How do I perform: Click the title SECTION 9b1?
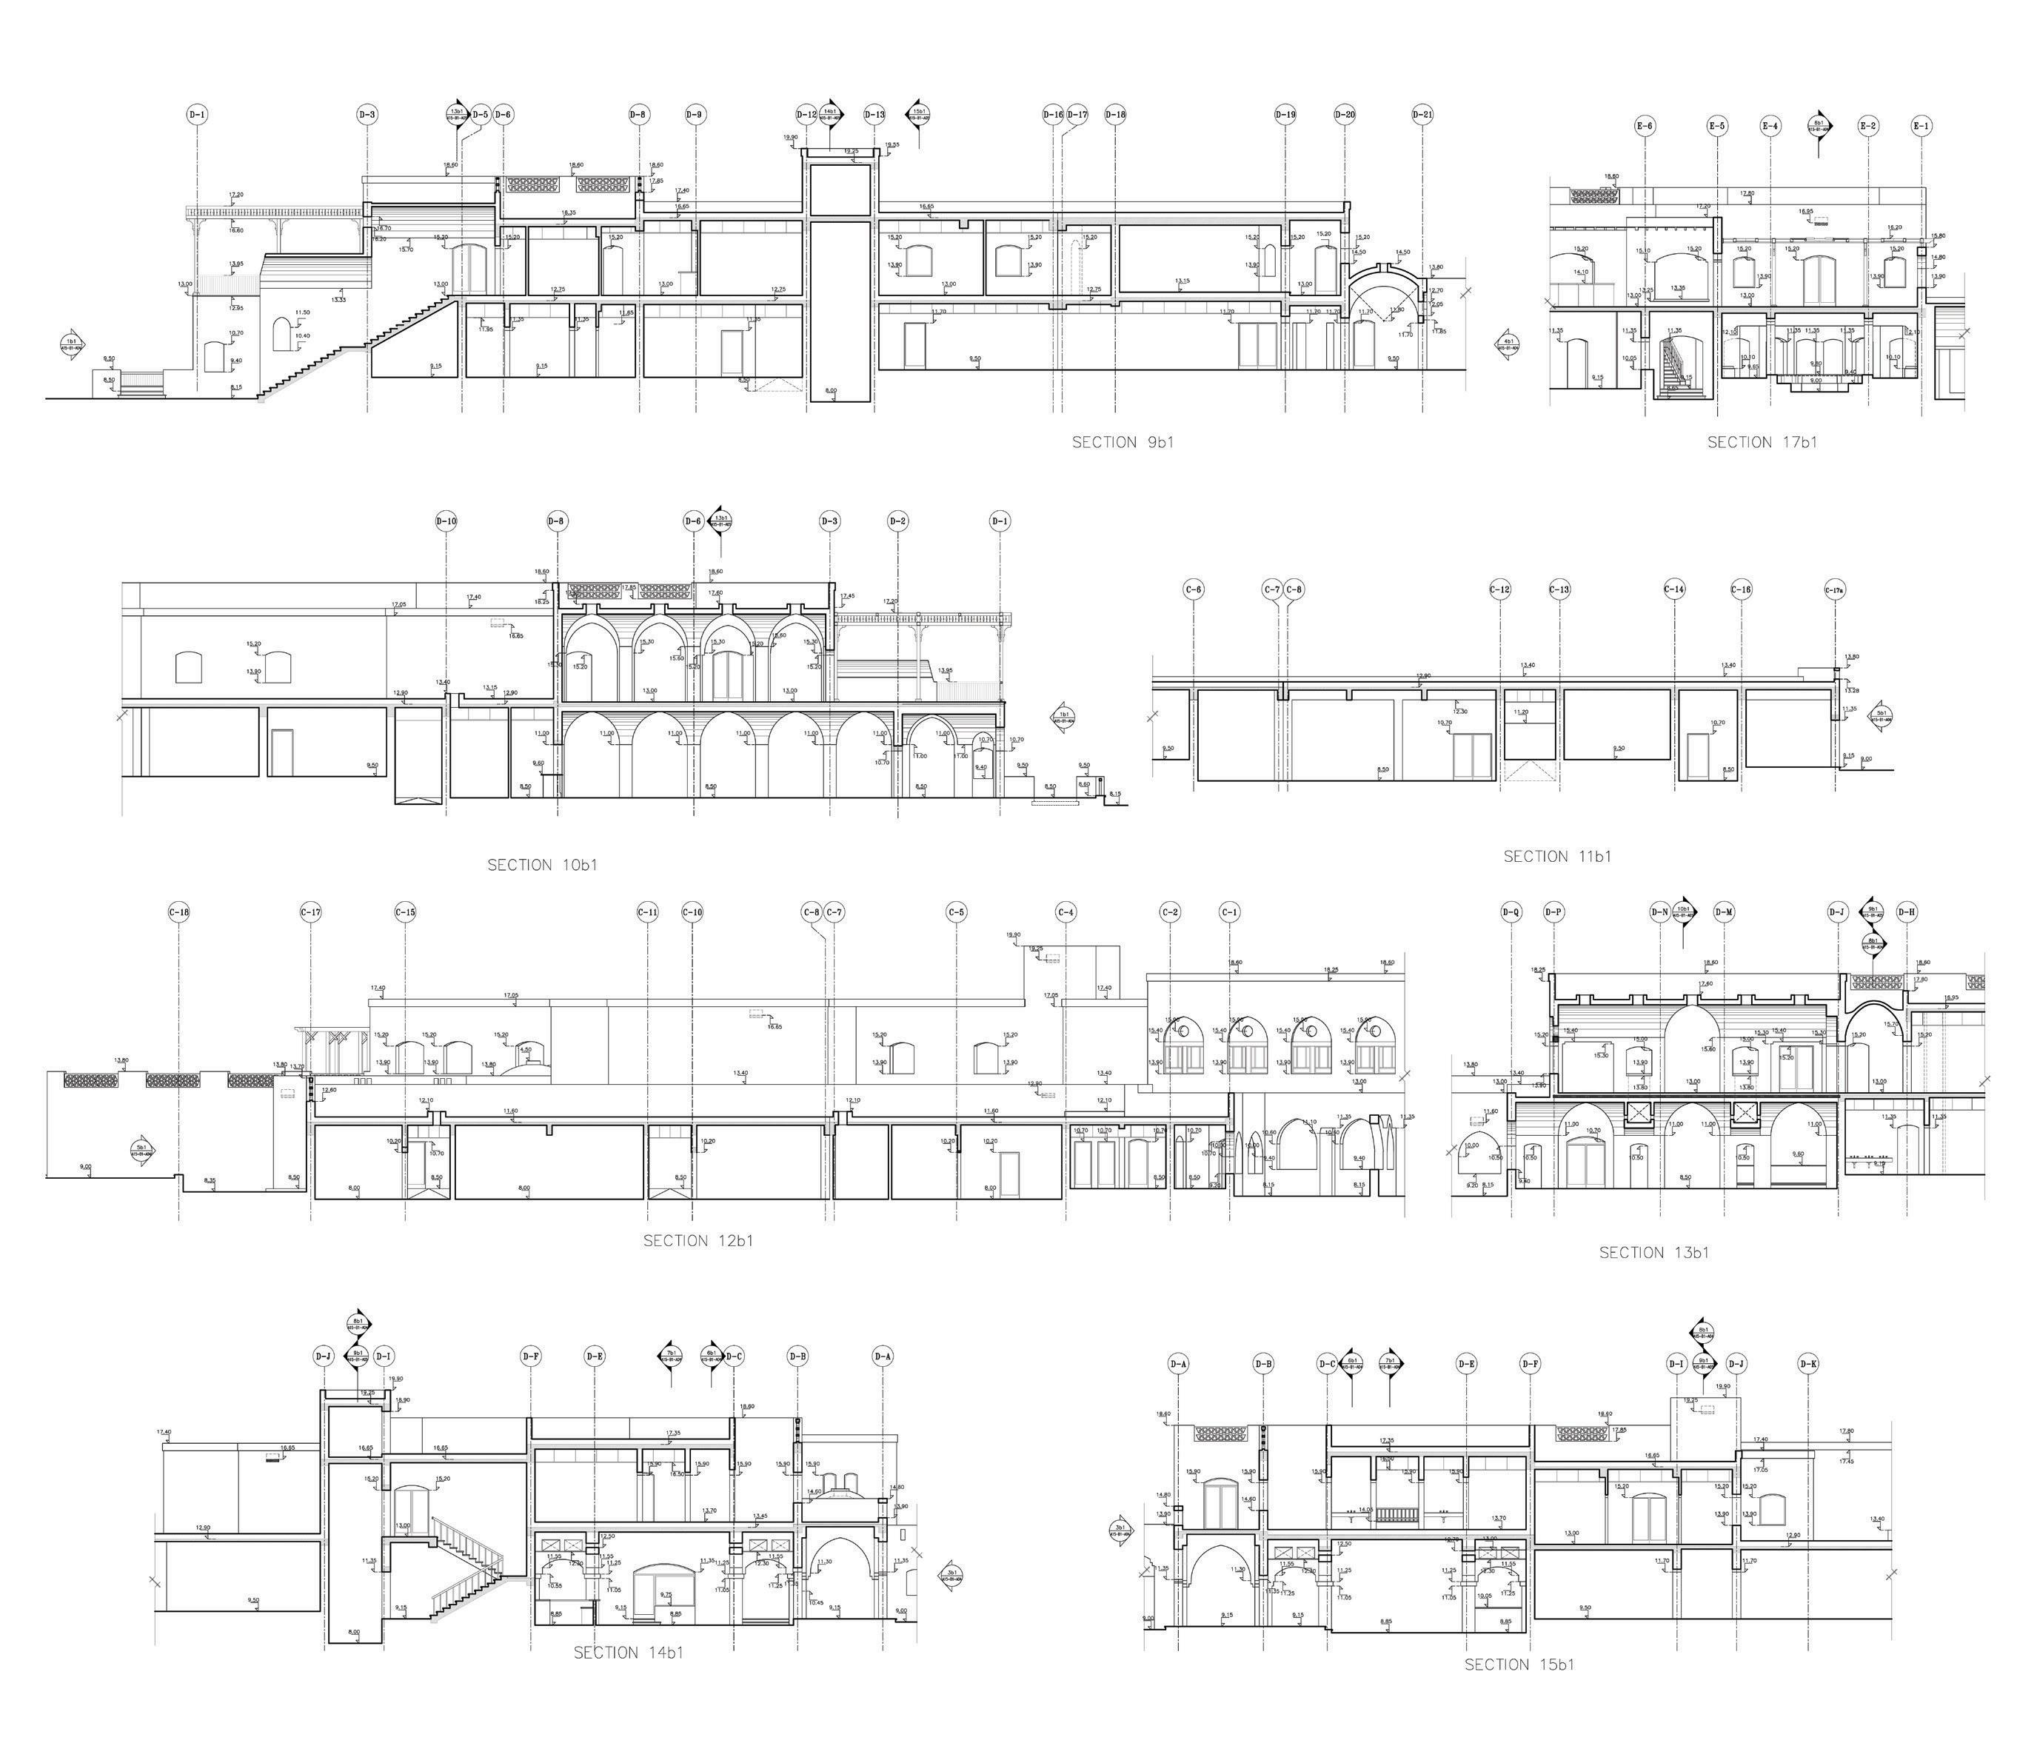[1122, 442]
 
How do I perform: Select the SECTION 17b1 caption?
[1762, 442]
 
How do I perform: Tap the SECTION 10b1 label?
[542, 865]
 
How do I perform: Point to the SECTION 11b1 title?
[1557, 856]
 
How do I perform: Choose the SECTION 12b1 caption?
[698, 1241]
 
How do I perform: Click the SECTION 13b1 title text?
[1653, 1252]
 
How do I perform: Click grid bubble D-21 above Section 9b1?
[1422, 115]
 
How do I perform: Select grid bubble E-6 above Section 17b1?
[1645, 126]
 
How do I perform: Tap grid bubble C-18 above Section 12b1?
[179, 912]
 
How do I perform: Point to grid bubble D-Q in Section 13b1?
[1511, 912]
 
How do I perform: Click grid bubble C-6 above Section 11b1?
[1194, 590]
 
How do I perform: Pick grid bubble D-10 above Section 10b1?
[446, 521]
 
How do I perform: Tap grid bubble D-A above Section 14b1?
[883, 1356]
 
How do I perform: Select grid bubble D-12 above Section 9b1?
[806, 115]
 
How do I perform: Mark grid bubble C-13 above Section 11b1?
[1559, 590]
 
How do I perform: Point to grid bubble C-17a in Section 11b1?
[1834, 590]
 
